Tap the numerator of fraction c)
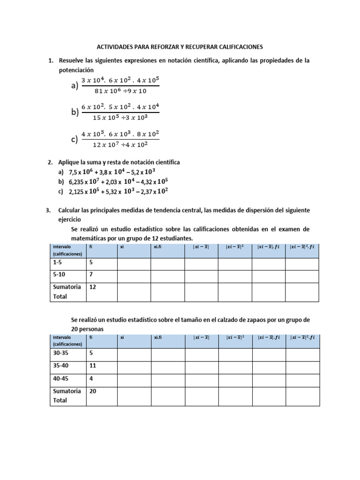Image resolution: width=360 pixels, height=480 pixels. click(120, 134)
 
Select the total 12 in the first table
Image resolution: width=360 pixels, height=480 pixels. click(93, 287)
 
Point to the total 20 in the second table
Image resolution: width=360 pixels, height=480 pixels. click(93, 391)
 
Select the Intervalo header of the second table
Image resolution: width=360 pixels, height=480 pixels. click(62, 337)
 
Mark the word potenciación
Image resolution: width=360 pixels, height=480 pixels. click(76, 69)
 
